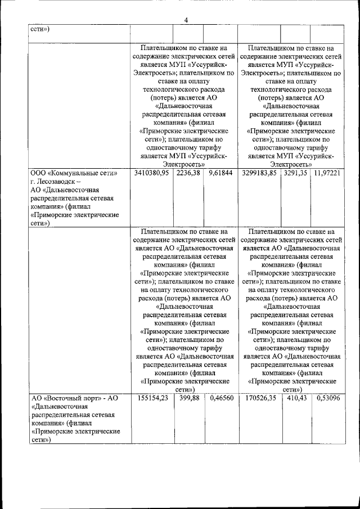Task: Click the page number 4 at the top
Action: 186,20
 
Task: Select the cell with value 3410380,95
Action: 152,173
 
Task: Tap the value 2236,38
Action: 188,173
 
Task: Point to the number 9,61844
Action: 220,173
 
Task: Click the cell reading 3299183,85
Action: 259,173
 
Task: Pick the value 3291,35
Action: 295,173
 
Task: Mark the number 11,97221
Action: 327,173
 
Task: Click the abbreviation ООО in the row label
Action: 38,174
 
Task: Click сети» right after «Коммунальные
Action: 111,174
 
